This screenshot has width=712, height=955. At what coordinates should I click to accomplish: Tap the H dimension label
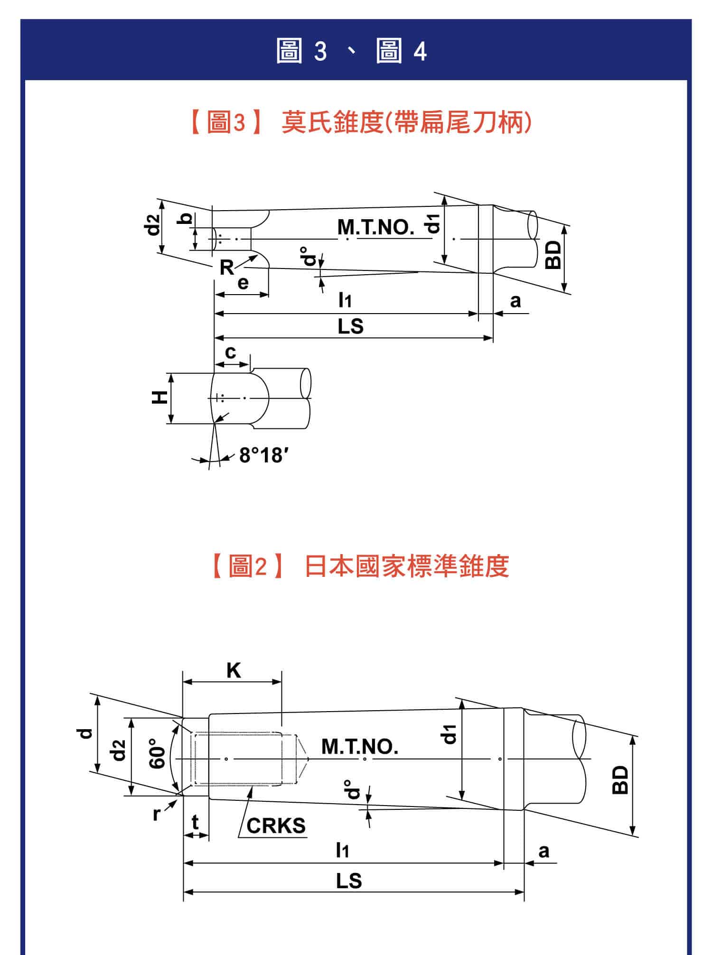click(x=160, y=397)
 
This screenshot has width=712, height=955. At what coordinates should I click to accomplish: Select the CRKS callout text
click(x=276, y=826)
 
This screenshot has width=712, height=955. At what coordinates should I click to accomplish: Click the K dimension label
click(x=234, y=671)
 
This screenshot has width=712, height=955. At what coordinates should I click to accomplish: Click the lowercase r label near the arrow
click(x=157, y=813)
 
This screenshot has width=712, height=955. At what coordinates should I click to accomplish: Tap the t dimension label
click(x=195, y=824)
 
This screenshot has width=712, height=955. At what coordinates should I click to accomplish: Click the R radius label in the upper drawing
click(x=226, y=268)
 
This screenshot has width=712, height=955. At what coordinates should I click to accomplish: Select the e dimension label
click(x=243, y=283)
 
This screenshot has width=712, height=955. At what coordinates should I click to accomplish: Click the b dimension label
click(x=187, y=219)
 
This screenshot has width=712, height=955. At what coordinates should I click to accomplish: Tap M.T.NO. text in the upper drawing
click(x=375, y=227)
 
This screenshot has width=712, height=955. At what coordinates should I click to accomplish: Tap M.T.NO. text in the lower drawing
click(x=360, y=746)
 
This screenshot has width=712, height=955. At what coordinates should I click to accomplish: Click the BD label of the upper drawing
click(x=553, y=255)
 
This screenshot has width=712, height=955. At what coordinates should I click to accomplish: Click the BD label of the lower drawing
click(x=620, y=779)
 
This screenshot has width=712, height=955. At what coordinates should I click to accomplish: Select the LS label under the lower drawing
click(x=349, y=881)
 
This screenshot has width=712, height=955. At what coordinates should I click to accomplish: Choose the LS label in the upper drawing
click(x=350, y=326)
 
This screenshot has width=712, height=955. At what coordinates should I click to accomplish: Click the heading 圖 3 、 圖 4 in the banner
click(x=352, y=51)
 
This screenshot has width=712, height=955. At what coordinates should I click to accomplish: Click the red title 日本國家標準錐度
click(x=407, y=566)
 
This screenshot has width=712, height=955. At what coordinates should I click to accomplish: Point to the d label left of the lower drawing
click(x=85, y=733)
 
